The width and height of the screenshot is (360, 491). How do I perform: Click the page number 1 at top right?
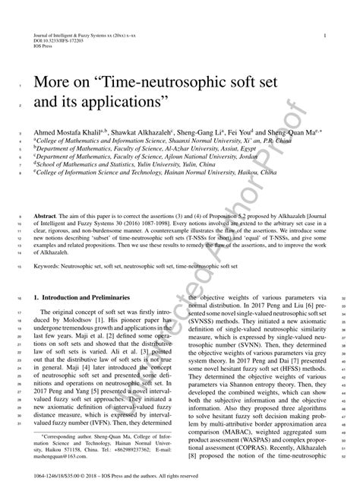(x=325, y=36)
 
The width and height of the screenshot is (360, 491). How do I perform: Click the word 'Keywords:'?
(x=49, y=268)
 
